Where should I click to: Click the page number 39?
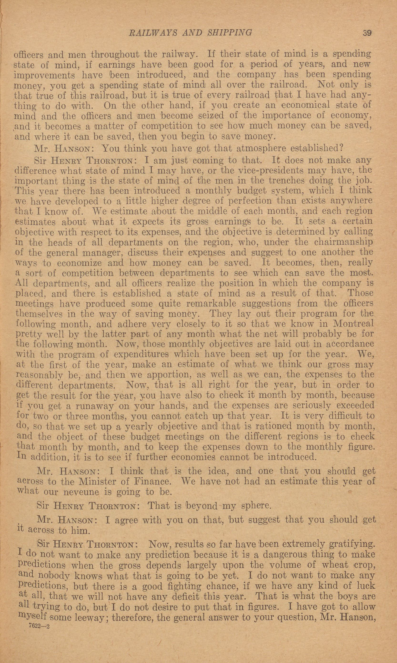pyautogui.click(x=367, y=33)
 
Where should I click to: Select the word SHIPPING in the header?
pyautogui.click(x=229, y=33)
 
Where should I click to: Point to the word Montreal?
pyautogui.click(x=353, y=324)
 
